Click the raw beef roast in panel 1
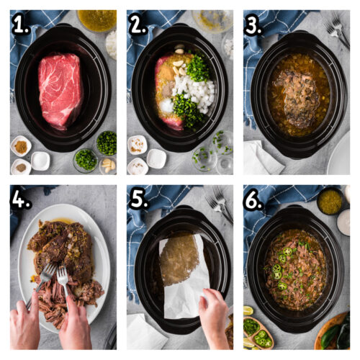60,89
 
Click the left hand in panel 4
24,328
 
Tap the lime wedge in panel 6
248,310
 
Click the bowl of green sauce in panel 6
330,202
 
